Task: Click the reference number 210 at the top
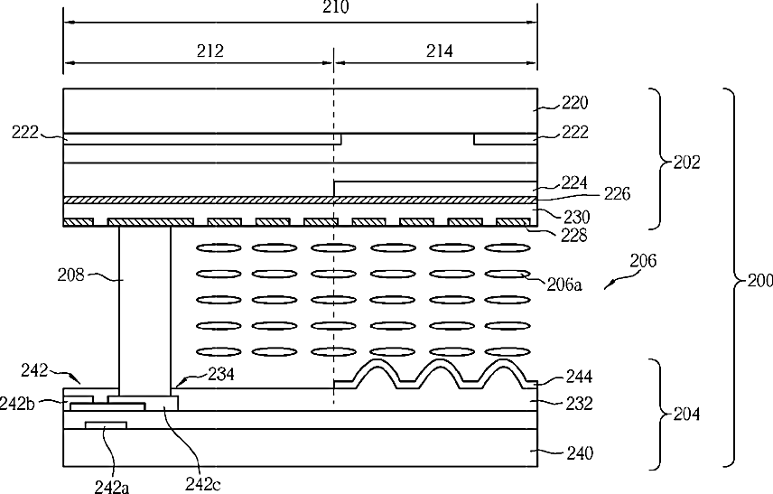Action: point(336,7)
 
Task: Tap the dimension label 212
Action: point(210,51)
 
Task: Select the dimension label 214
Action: point(439,51)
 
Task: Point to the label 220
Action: point(575,103)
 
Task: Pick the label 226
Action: point(617,194)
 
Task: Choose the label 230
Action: point(576,217)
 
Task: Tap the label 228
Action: point(573,235)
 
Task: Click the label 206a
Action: point(564,284)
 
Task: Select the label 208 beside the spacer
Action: point(71,275)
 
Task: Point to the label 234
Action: point(220,374)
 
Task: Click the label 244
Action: point(579,377)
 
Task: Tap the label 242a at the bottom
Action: point(112,487)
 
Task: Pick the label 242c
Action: point(202,484)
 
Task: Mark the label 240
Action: point(580,452)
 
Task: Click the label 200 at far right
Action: point(760,281)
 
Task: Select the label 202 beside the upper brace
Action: point(686,163)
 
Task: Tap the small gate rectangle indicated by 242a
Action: point(106,425)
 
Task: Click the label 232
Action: point(579,404)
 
